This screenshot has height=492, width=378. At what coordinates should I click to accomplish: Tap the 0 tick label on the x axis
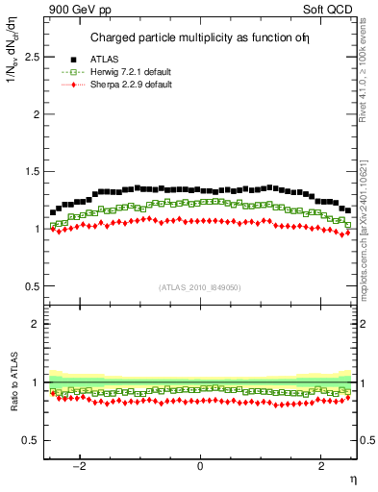pos(200,466)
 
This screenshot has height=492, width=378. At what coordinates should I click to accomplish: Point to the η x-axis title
pos(353,479)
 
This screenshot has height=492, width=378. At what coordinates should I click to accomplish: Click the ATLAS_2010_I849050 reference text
pos(200,286)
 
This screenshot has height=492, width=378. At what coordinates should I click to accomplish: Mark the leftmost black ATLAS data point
pos(53,212)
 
